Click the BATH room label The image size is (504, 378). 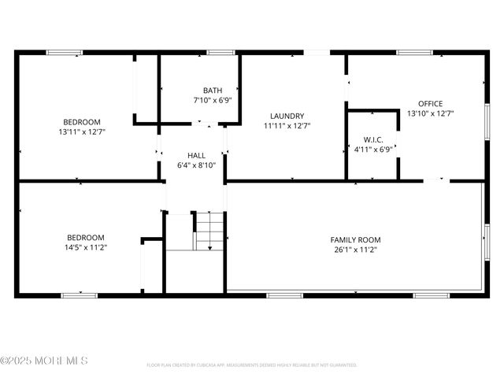(x=212, y=91)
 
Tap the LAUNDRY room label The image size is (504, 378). (x=287, y=116)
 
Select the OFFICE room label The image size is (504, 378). (x=430, y=103)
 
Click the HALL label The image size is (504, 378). (x=196, y=155)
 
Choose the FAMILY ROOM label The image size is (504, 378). (x=355, y=239)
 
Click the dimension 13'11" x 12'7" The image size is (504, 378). (x=82, y=132)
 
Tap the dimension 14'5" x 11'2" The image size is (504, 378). (x=85, y=247)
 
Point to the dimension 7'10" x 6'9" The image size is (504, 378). (x=212, y=100)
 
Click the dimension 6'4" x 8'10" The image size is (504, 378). (x=196, y=165)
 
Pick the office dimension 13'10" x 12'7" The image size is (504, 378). (x=430, y=113)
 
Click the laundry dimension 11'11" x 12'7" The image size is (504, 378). (x=287, y=125)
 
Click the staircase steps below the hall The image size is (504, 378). (x=210, y=232)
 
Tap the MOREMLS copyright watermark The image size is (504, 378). (x=44, y=361)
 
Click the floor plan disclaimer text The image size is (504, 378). (x=252, y=365)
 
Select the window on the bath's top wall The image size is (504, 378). (x=220, y=53)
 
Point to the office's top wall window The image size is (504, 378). (x=414, y=53)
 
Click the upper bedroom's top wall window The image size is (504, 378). (x=64, y=53)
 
